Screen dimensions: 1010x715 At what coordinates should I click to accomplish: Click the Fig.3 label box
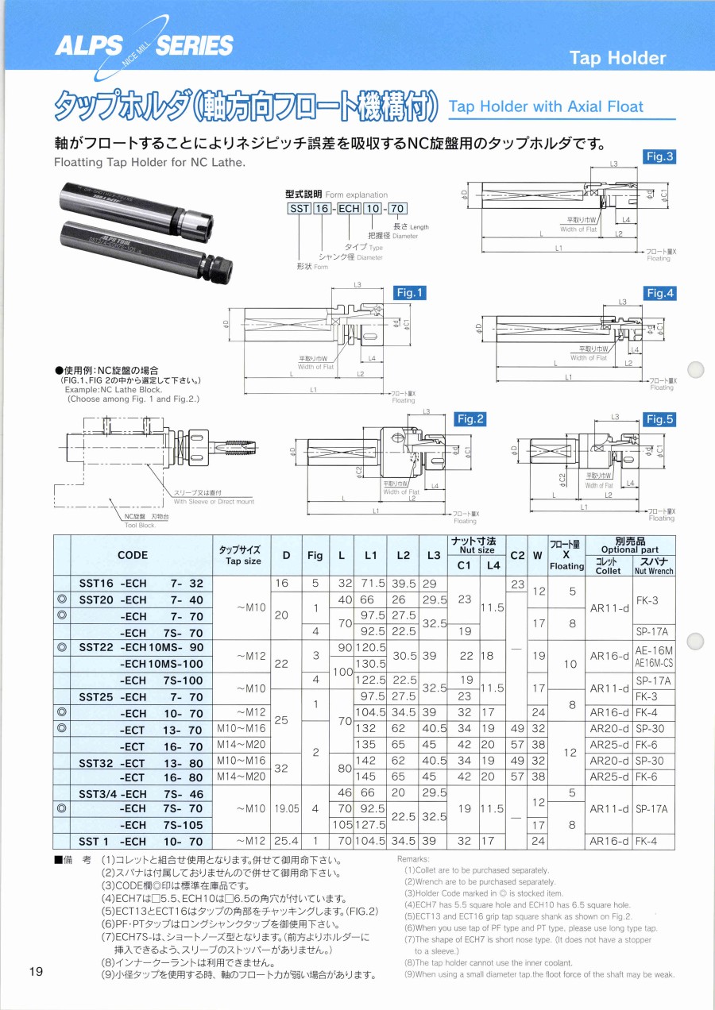tap(659, 156)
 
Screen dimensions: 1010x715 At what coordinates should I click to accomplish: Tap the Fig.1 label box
tap(410, 293)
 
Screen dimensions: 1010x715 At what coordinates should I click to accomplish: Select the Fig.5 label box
tap(659, 419)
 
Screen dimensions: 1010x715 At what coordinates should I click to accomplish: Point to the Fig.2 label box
tap(470, 419)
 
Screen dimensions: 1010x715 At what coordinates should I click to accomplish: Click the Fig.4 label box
tap(659, 293)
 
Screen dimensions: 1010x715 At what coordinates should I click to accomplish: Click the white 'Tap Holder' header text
tap(618, 58)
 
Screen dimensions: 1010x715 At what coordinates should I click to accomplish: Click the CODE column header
tap(133, 555)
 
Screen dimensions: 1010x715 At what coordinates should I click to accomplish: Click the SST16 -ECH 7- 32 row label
tap(141, 583)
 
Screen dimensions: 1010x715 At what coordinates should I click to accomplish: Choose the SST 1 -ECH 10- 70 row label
tap(141, 842)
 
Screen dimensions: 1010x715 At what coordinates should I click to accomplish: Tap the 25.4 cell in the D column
tap(281, 842)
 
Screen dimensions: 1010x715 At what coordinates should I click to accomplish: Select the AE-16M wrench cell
tap(653, 650)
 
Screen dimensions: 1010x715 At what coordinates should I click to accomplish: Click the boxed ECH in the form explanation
tap(350, 210)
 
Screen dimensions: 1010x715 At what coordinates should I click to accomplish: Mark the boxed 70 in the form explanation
tap(397, 210)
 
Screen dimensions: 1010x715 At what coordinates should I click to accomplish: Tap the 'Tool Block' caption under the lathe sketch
tap(140, 526)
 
